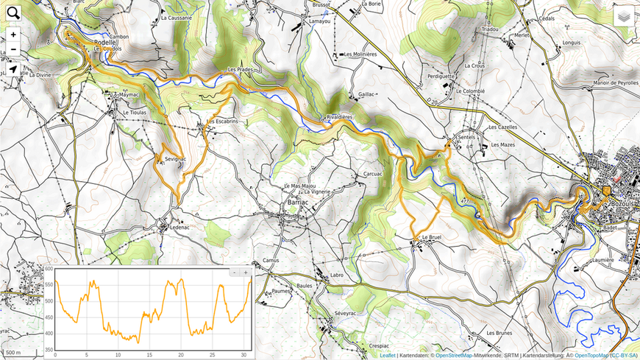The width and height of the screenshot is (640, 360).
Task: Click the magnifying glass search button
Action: tap(13, 12)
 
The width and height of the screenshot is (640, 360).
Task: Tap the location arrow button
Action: tap(13, 70)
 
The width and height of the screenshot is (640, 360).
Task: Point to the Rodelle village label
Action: tap(105, 43)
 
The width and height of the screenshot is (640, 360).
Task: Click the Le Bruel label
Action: tap(432, 238)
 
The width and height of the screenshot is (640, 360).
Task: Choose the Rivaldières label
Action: tap(339, 117)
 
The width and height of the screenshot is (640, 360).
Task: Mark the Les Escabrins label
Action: tap(222, 121)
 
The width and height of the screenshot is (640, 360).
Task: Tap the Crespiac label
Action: tap(379, 345)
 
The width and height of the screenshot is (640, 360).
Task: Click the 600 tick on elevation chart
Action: tap(49, 269)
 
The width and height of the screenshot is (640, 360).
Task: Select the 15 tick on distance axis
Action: tap(149, 355)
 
